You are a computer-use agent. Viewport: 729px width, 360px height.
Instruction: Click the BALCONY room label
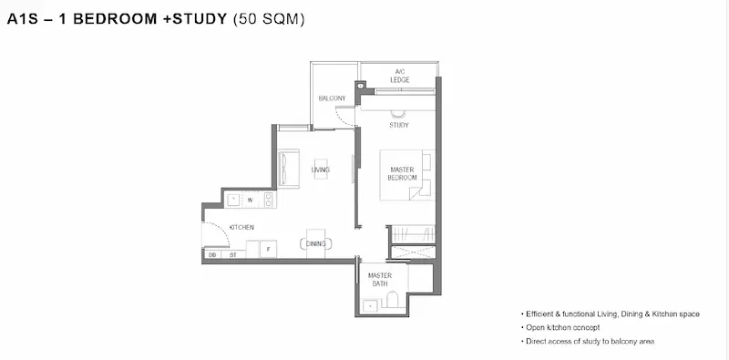pyautogui.click(x=332, y=98)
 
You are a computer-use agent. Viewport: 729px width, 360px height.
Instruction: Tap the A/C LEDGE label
pyautogui.click(x=400, y=76)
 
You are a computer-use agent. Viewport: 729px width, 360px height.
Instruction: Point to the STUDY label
pyautogui.click(x=399, y=125)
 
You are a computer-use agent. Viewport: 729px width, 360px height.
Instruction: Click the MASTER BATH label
pyautogui.click(x=380, y=280)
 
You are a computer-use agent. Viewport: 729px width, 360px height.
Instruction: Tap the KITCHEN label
pyautogui.click(x=241, y=228)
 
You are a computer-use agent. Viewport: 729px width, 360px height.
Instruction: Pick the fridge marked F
pyautogui.click(x=268, y=249)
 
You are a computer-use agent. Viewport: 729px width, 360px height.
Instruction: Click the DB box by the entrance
pyautogui.click(x=212, y=255)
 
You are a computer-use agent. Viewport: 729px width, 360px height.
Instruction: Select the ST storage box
pyautogui.click(x=233, y=255)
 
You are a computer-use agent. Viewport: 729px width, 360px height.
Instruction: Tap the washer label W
pyautogui.click(x=250, y=201)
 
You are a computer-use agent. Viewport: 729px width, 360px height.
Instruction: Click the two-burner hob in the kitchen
pyautogui.click(x=269, y=200)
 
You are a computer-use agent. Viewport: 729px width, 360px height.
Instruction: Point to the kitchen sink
pyautogui.click(x=233, y=200)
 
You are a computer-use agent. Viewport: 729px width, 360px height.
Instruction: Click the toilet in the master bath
pyautogui.click(x=393, y=300)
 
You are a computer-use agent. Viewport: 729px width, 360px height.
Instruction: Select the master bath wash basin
pyautogui.click(x=370, y=306)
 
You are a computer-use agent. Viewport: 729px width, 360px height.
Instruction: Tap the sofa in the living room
pyautogui.click(x=288, y=169)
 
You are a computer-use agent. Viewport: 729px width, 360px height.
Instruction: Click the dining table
pyautogui.click(x=315, y=243)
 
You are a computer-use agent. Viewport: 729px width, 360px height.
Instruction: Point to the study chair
pyautogui.click(x=398, y=115)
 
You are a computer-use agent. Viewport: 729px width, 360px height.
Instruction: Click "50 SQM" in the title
pyautogui.click(x=269, y=19)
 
